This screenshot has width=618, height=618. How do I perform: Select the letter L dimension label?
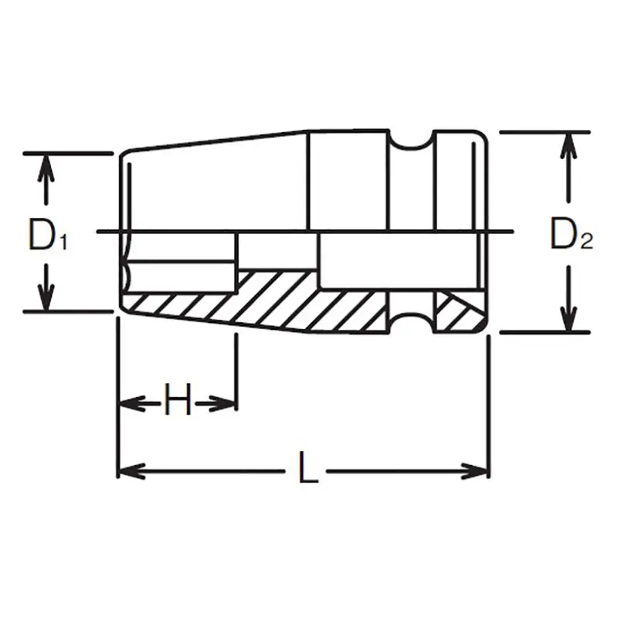click(x=307, y=470)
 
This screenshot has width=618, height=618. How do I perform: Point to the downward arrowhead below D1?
click(x=48, y=298)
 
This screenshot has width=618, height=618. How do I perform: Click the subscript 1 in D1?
click(x=63, y=242)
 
